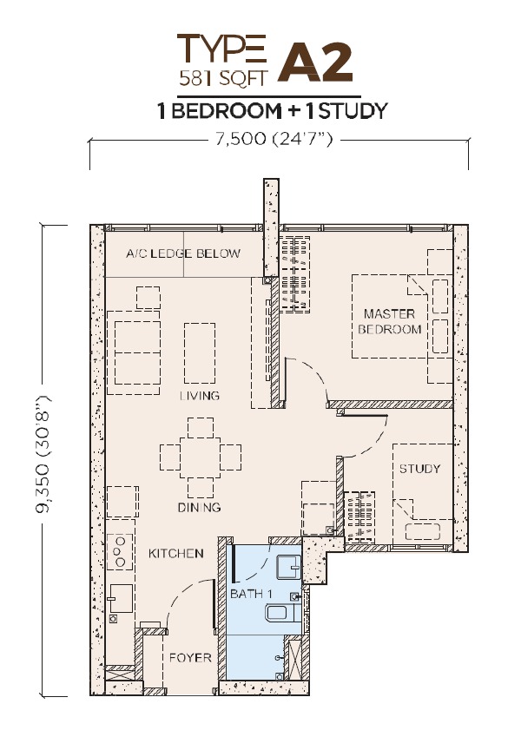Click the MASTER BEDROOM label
point(390,321)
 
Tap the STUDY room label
point(419,468)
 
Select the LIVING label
point(200,396)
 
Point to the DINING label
point(199,507)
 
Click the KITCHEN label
point(176,554)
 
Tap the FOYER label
point(190,658)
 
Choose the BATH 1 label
point(251,594)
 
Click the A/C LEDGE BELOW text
point(183,253)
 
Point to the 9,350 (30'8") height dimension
point(44,454)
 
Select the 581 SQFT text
point(223,77)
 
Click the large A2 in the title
point(316,62)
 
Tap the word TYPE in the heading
point(221,49)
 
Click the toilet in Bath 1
point(283,613)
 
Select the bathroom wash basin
point(288,567)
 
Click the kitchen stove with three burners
point(120,551)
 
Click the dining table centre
point(201,457)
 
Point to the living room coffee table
point(200,353)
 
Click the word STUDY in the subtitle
point(353,111)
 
